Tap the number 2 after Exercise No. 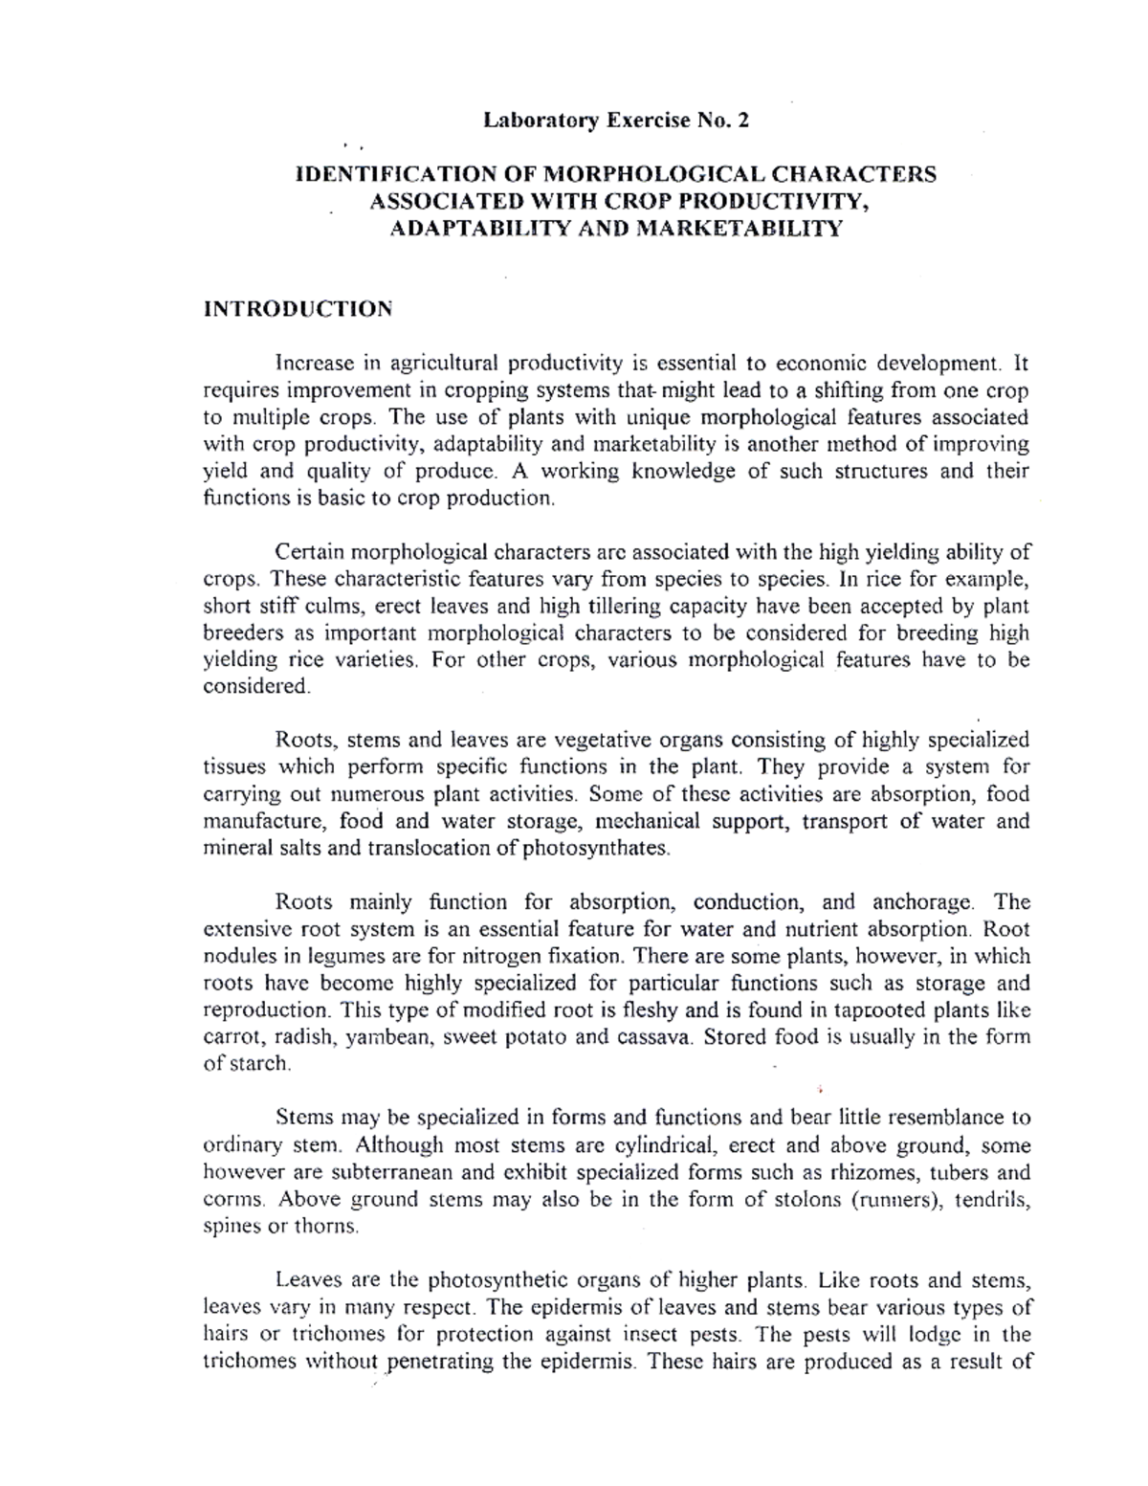point(744,121)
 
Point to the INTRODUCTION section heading point(298,309)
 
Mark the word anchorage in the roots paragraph point(923,902)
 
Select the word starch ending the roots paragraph point(258,1064)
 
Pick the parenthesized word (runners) point(891,1199)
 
